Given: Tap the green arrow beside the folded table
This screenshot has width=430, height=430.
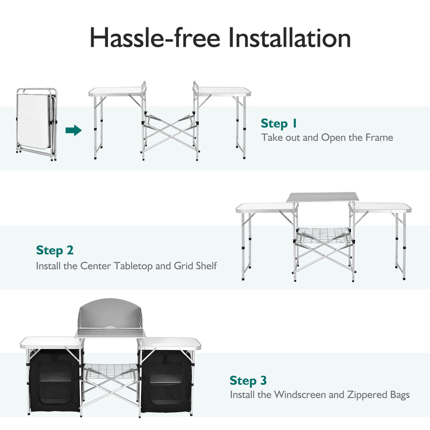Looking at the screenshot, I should tap(73, 130).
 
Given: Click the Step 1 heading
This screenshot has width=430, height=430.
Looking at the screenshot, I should tap(279, 123).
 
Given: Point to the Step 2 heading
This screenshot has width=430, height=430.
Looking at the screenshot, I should tap(55, 250).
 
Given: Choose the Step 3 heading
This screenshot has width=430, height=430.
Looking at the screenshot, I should tap(248, 381).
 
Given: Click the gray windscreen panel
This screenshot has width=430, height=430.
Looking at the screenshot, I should tap(110, 317).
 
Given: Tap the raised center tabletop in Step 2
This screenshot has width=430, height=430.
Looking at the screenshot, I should tap(322, 197).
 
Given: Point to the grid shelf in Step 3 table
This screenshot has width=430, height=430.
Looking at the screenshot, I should tap(110, 369).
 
